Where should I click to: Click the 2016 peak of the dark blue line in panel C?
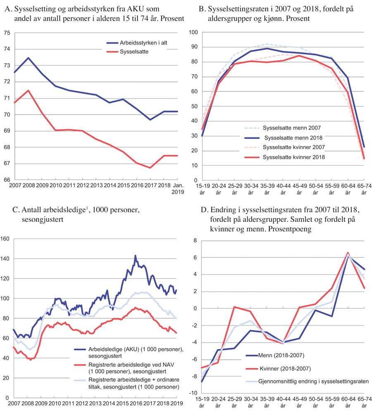click(135, 256)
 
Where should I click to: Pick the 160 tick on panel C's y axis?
click(5, 239)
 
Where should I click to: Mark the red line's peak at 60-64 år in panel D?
click(348, 253)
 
